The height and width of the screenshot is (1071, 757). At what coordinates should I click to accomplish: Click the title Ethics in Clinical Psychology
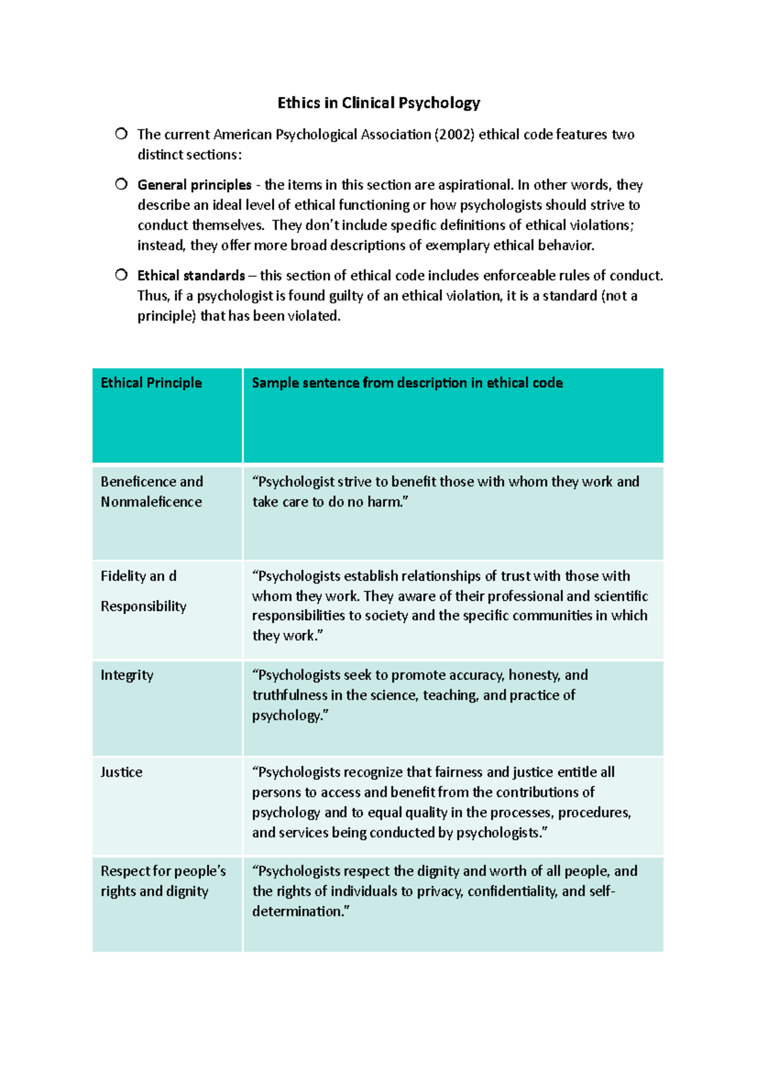click(378, 103)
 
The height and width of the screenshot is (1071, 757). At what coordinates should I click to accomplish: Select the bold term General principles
click(194, 185)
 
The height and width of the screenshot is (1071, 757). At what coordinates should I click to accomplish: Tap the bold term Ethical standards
click(191, 276)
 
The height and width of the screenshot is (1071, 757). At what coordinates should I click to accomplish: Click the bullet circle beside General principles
click(121, 184)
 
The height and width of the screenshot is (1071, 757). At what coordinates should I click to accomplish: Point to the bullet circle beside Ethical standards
click(121, 275)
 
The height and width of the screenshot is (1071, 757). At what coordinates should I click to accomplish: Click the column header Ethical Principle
click(151, 383)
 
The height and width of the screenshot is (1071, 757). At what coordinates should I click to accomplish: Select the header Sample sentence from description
click(407, 383)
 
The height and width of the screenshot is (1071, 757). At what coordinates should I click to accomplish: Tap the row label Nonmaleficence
click(151, 502)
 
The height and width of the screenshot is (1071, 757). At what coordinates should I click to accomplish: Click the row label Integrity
click(127, 675)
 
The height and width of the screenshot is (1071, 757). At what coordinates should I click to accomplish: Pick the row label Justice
click(121, 772)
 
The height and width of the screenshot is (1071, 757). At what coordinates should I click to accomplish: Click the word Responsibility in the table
click(143, 606)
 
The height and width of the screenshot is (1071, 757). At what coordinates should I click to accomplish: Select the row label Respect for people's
click(163, 871)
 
